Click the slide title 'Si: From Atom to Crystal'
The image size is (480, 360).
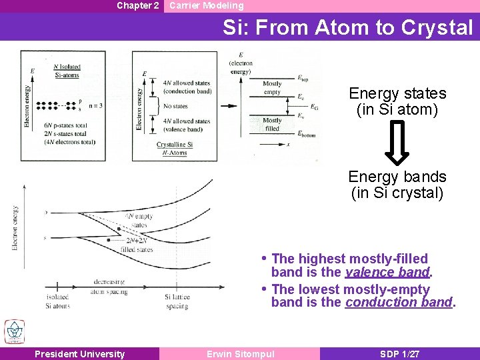[x=347, y=27]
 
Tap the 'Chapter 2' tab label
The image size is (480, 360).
[x=137, y=5]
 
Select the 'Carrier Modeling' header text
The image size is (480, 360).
[x=206, y=5]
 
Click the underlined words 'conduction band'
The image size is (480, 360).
[x=399, y=303]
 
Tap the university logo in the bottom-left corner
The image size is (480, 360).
[x=14, y=331]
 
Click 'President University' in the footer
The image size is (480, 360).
[x=79, y=354]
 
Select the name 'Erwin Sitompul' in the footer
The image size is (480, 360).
[x=240, y=354]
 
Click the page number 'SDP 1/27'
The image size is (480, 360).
[x=399, y=354]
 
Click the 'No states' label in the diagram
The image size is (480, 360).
[x=175, y=106]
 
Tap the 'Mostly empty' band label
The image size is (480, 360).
[x=272, y=88]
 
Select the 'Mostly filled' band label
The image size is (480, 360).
[x=272, y=124]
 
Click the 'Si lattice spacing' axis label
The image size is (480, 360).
[x=177, y=301]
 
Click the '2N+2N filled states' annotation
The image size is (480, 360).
[x=137, y=245]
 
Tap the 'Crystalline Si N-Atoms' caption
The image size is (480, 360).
[x=175, y=149]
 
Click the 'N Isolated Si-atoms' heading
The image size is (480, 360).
[x=67, y=71]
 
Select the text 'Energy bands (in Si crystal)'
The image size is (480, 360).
[x=398, y=185]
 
